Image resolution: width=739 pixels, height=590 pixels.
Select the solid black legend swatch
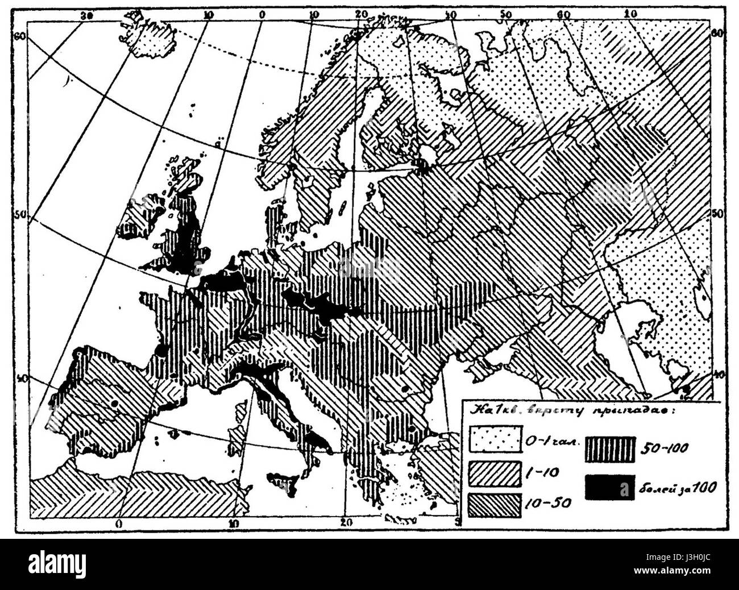tap(610, 487)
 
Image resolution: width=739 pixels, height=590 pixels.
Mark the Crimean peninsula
tap(483, 370)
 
